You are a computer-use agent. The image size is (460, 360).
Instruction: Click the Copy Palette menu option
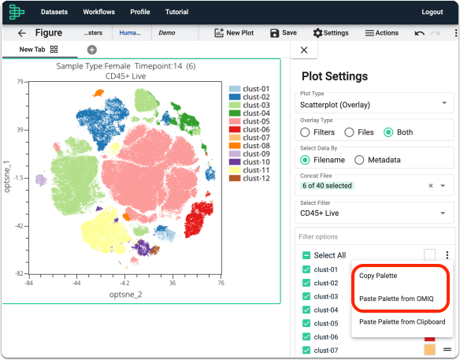click(378, 276)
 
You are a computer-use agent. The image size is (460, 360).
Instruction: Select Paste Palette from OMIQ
click(396, 299)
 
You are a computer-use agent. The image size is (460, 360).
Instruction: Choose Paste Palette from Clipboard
click(402, 322)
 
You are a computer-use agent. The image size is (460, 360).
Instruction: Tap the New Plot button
click(234, 33)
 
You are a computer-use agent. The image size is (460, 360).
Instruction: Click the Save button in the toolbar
click(283, 33)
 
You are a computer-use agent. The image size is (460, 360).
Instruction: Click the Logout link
click(432, 12)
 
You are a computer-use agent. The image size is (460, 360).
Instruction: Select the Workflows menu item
click(99, 12)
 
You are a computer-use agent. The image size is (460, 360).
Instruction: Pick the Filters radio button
click(305, 132)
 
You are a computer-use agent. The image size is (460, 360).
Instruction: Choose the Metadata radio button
click(359, 160)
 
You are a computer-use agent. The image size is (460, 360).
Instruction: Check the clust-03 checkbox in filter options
click(306, 296)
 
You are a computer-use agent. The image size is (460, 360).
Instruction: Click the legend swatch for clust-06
click(235, 129)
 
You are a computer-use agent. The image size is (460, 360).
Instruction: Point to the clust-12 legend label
click(256, 178)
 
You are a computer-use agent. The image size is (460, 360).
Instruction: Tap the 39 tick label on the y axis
click(20, 130)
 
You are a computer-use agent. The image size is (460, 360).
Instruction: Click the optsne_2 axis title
click(125, 295)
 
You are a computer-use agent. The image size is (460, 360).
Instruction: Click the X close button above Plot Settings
click(304, 50)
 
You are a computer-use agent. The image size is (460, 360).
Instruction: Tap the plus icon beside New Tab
click(92, 50)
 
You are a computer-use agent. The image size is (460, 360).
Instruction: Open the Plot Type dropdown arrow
click(444, 102)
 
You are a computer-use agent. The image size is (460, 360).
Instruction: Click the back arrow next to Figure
click(22, 33)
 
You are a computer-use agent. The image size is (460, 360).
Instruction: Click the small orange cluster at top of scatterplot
click(98, 93)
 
